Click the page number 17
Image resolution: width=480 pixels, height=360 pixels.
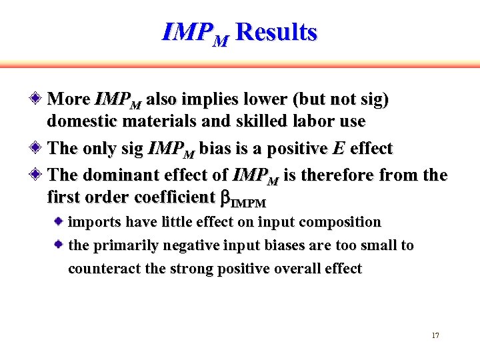[x=435, y=335]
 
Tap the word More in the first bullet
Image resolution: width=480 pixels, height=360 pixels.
[x=69, y=99]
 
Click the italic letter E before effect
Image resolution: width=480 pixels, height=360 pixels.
[x=339, y=149]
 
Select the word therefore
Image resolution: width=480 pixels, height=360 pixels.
[x=350, y=175]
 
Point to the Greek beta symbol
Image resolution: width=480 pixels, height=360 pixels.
[x=225, y=197]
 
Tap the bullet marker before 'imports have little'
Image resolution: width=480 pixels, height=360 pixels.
[x=59, y=221]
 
